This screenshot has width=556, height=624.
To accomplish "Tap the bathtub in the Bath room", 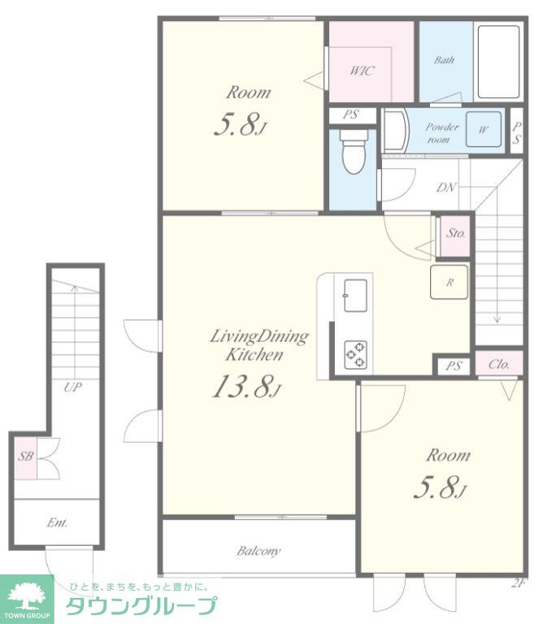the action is pyautogui.click(x=498, y=62).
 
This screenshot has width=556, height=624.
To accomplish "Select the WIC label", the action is pyautogui.click(x=362, y=71).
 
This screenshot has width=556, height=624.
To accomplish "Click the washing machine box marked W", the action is pyautogui.click(x=484, y=129).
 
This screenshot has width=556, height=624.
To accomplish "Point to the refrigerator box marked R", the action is pyautogui.click(x=449, y=282).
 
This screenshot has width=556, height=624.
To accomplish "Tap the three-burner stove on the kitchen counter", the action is pyautogui.click(x=356, y=353).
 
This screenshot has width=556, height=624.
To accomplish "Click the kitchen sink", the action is pyautogui.click(x=355, y=296).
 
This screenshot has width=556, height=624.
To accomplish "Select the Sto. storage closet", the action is pyautogui.click(x=455, y=236).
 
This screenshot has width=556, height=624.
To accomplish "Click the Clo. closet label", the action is pyautogui.click(x=498, y=364).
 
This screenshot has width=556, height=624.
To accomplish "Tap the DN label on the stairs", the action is pyautogui.click(x=446, y=187).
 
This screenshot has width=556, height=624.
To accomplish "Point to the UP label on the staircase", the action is pyautogui.click(x=73, y=387).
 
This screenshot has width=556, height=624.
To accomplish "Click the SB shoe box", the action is pyautogui.click(x=25, y=457).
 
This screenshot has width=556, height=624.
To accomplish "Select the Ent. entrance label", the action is pyautogui.click(x=57, y=522).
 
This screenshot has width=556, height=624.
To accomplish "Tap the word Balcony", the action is pyautogui.click(x=258, y=551).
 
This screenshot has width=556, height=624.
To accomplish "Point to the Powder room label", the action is pyautogui.click(x=441, y=133).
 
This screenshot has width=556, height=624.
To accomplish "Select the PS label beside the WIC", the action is pyautogui.click(x=350, y=115).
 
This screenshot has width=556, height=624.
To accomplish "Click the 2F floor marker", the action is pyautogui.click(x=517, y=584).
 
